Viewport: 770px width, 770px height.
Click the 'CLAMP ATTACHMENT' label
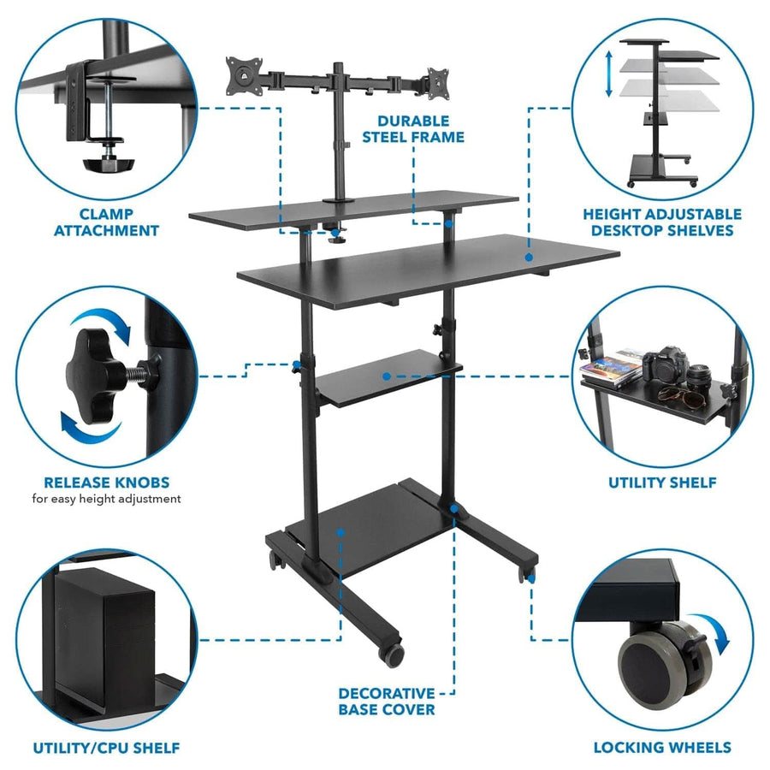pyautogui.click(x=106, y=222)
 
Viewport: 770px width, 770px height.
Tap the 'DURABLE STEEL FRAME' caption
pyautogui.click(x=420, y=128)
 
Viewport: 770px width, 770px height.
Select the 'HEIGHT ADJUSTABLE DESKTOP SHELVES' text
pyautogui.click(x=661, y=222)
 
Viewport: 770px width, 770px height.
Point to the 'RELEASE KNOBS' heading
pyautogui.click(x=106, y=482)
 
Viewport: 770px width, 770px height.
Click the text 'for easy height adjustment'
pyautogui.click(x=106, y=498)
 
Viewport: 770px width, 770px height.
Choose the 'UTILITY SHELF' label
pyautogui.click(x=662, y=483)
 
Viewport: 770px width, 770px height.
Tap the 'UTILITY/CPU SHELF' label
pyautogui.click(x=106, y=748)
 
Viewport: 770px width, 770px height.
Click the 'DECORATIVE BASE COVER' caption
pyautogui.click(x=386, y=701)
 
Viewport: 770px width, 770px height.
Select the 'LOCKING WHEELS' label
pyautogui.click(x=662, y=748)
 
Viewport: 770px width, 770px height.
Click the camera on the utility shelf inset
pyautogui.click(x=666, y=365)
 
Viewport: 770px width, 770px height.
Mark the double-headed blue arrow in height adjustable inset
pyautogui.click(x=608, y=74)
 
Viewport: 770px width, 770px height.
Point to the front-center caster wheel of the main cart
pyautogui.click(x=393, y=653)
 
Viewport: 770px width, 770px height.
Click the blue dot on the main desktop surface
pyautogui.click(x=529, y=256)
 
